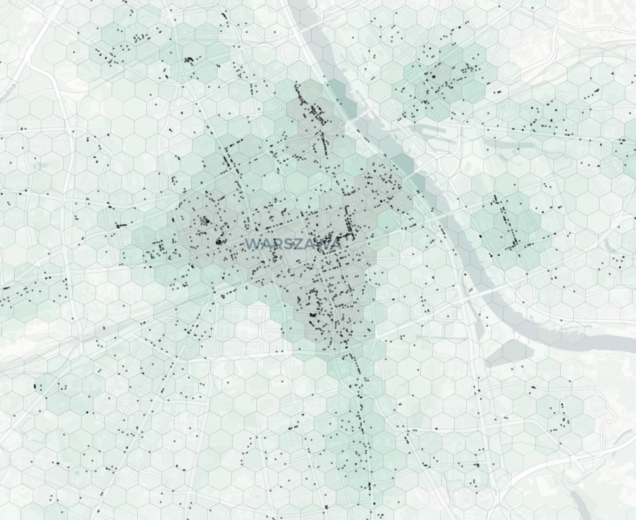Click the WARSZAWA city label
click(293, 244)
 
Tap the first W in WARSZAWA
click(252, 244)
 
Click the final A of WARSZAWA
click(336, 244)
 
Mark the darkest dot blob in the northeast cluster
click(433, 76)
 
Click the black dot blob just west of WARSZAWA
click(219, 242)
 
